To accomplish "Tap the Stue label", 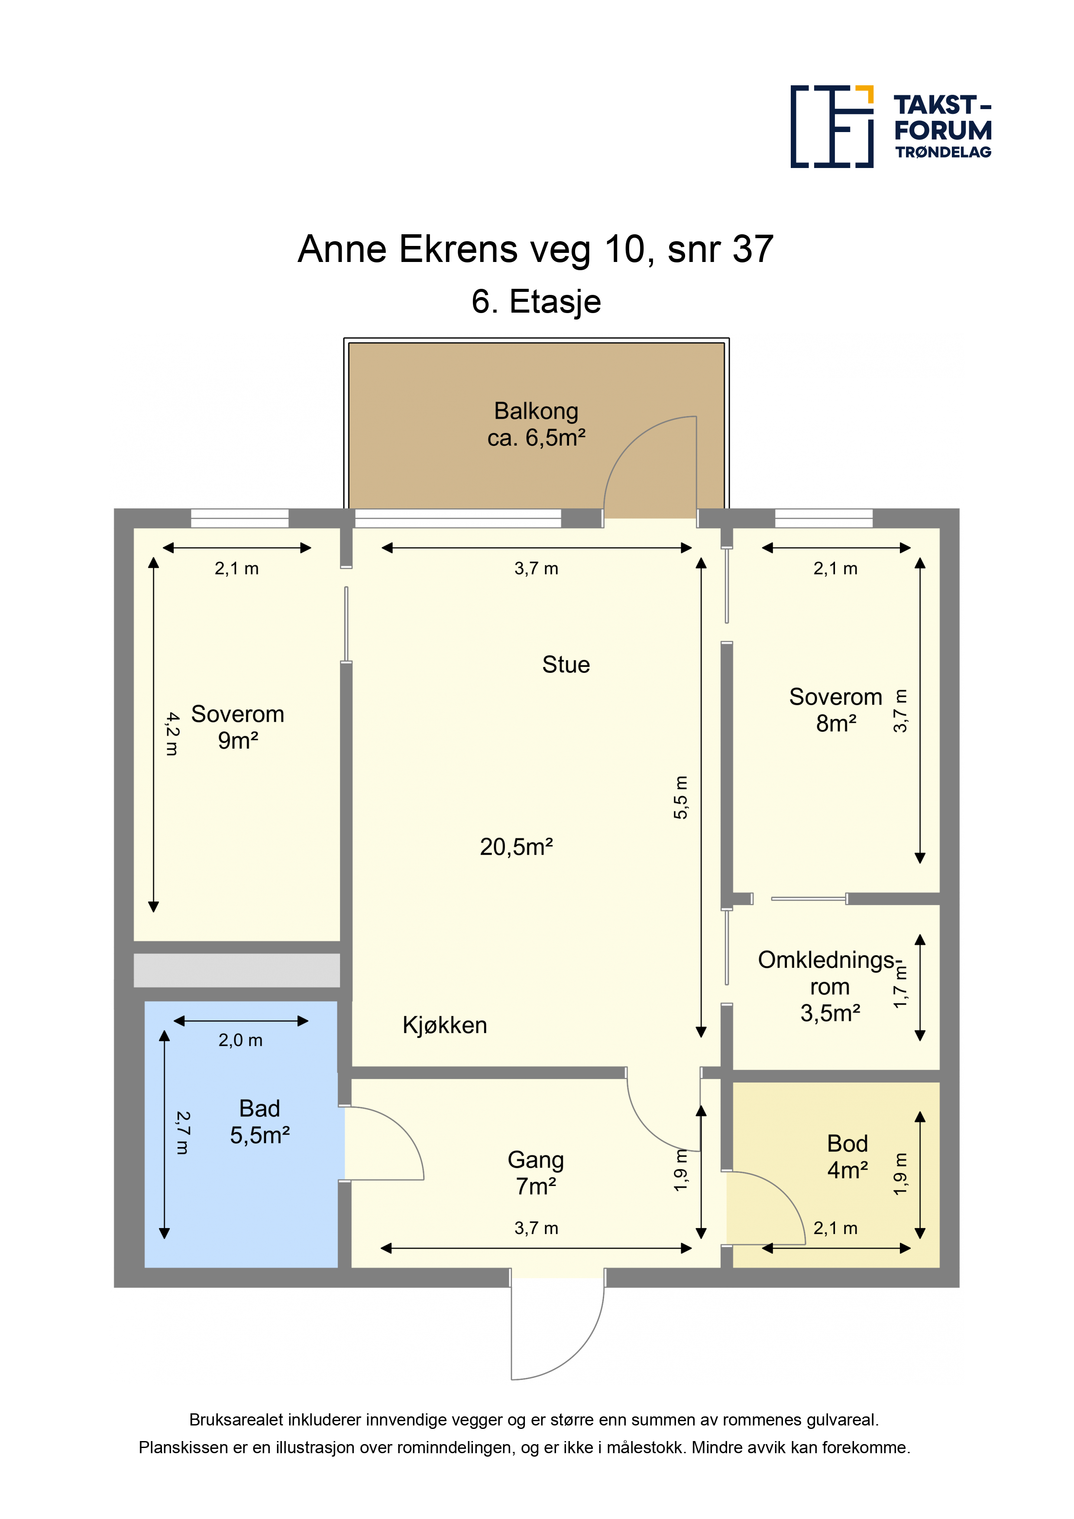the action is click(566, 664).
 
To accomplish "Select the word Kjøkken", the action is click(445, 1025).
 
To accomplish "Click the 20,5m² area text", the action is click(516, 847).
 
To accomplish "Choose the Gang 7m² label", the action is click(536, 1173).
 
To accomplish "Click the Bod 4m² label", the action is click(848, 1157).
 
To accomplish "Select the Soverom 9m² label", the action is click(238, 727).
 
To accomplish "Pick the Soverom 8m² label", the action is click(836, 710).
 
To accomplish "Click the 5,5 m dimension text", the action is click(680, 797).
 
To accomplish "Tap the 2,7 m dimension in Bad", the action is click(183, 1133).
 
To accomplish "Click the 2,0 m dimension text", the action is click(240, 1041).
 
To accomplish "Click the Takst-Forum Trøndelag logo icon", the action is click(832, 126).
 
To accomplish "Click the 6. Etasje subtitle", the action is click(536, 302).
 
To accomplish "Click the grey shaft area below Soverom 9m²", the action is click(237, 970).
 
